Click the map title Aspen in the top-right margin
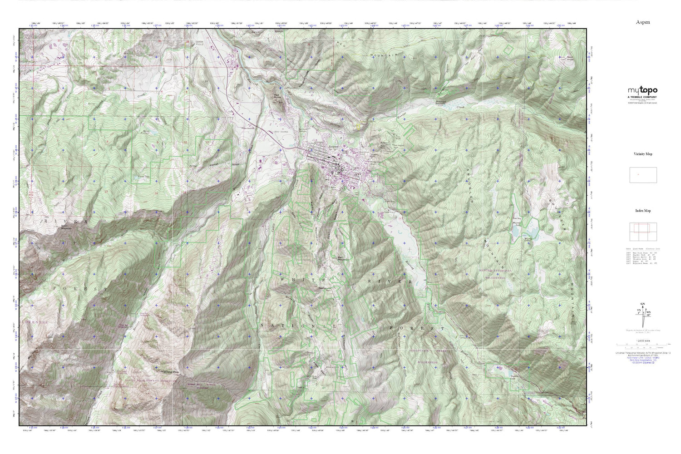[x=642, y=22]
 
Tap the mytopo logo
[x=642, y=91]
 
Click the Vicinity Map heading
[x=642, y=154]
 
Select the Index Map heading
[x=642, y=211]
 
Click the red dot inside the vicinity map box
[x=638, y=174]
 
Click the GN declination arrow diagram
[x=642, y=313]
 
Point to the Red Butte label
[x=277, y=96]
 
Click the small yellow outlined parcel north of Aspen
[x=358, y=128]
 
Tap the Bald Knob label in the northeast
[x=570, y=58]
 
